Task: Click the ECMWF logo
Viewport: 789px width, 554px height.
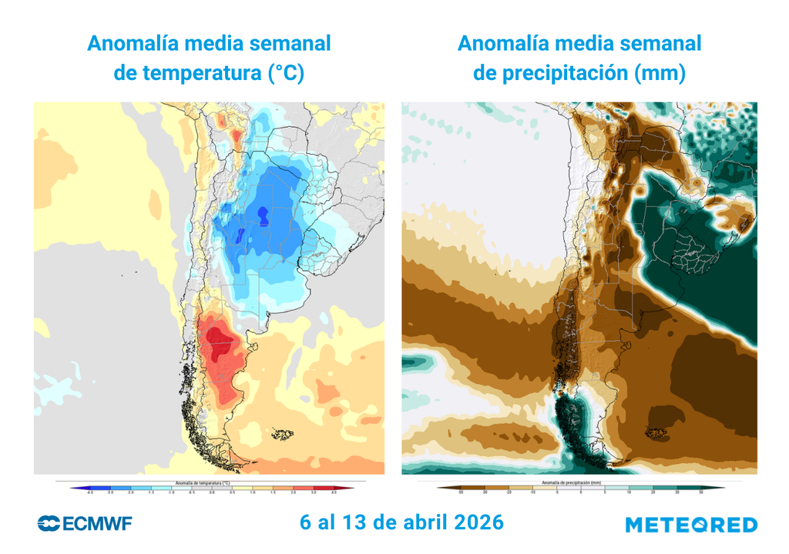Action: point(85,524)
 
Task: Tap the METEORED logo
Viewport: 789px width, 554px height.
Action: point(690,525)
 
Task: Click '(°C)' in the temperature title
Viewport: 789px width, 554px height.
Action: point(286,74)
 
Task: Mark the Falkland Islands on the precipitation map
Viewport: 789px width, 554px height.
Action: point(657,435)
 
